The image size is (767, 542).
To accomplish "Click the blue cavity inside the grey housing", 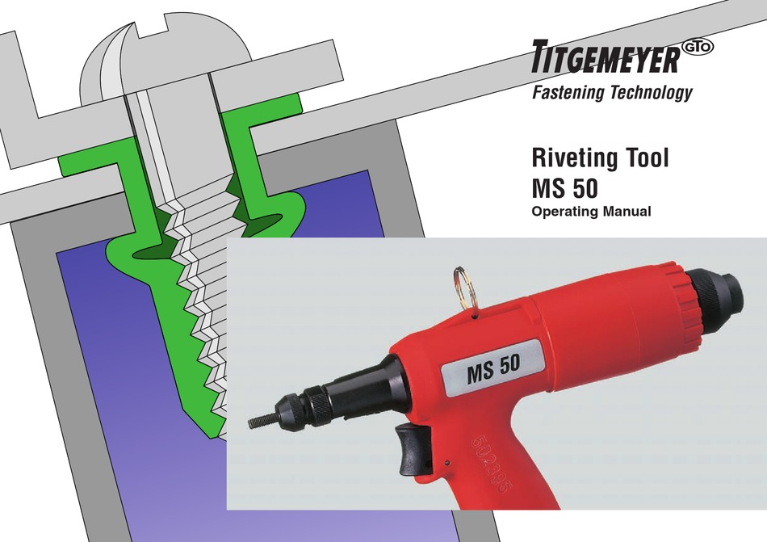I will click(x=105, y=363).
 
